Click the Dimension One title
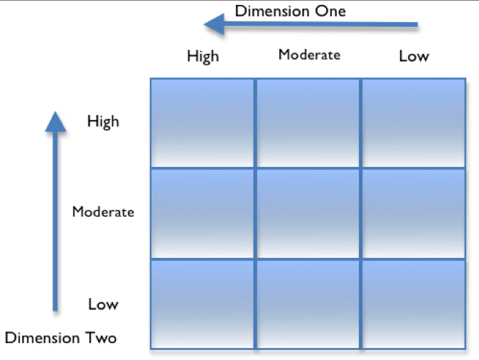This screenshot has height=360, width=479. click(290, 11)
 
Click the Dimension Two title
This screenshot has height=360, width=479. click(60, 337)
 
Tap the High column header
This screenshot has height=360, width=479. click(203, 56)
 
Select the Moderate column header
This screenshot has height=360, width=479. click(309, 54)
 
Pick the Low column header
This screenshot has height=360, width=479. click(414, 56)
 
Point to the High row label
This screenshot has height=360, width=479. click(103, 121)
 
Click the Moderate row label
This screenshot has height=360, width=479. click(103, 212)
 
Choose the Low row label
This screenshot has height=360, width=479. click(103, 304)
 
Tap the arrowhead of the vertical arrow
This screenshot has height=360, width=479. click(55, 121)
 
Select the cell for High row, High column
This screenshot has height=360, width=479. click(203, 123)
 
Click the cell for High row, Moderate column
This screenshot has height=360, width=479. click(308, 123)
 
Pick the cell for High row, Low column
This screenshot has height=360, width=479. click(414, 123)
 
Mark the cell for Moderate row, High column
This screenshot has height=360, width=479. click(203, 213)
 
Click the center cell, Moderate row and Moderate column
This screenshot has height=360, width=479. click(308, 213)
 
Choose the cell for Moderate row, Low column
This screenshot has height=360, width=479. click(414, 213)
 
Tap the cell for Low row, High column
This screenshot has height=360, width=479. click(203, 304)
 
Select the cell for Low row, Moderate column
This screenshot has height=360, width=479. click(308, 304)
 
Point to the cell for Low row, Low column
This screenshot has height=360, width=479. click(414, 304)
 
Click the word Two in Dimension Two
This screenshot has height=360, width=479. click(100, 337)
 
